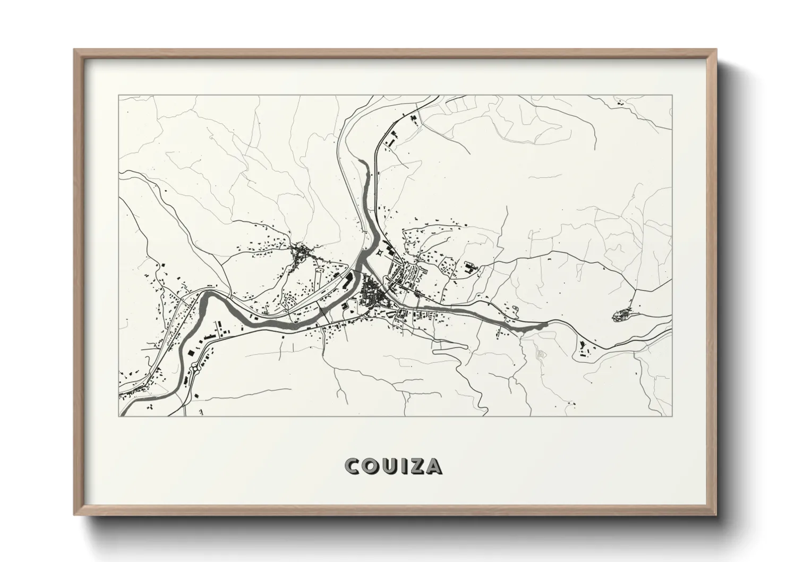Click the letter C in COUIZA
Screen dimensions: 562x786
(x=352, y=466)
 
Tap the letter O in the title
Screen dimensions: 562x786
(x=371, y=466)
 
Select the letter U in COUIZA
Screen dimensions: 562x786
(x=390, y=466)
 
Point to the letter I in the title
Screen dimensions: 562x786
(x=404, y=466)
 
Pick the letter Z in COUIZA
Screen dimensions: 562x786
(x=416, y=466)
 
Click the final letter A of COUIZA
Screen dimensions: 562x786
(x=433, y=466)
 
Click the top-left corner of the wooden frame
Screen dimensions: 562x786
(x=75, y=50)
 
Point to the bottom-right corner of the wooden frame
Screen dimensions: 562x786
(x=716, y=515)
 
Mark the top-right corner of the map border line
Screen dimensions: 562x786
(x=672, y=96)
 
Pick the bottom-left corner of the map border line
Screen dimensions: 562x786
(x=118, y=416)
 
